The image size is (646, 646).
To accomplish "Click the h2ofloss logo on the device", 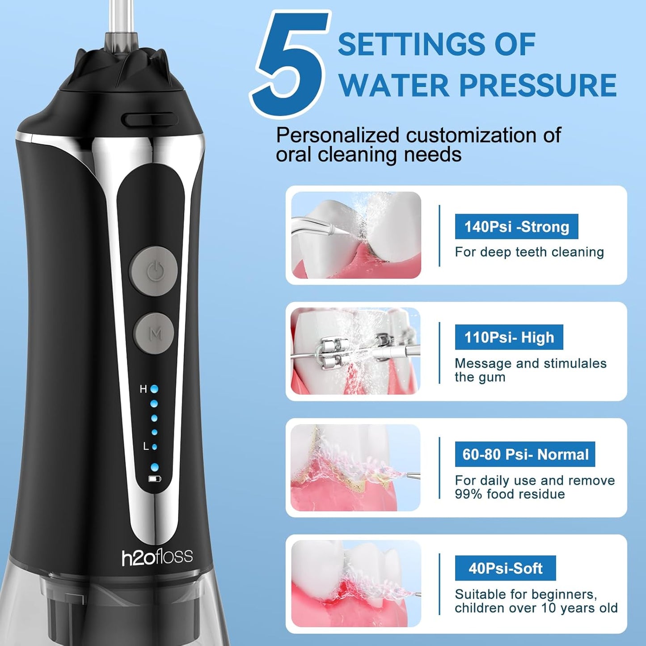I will (157, 557).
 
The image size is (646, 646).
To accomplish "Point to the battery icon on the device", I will (155, 479).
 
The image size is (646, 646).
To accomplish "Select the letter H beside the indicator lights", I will (143, 389).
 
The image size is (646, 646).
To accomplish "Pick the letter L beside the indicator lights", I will (146, 446).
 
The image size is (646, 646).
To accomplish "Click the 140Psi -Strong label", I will (516, 227).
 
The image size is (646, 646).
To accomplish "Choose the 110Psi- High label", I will (509, 337).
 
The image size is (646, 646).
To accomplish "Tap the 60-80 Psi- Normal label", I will (525, 454).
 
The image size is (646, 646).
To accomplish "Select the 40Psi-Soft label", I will (505, 568).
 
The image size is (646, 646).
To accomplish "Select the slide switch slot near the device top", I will (149, 119).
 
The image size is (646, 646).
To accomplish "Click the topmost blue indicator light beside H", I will (154, 389).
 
